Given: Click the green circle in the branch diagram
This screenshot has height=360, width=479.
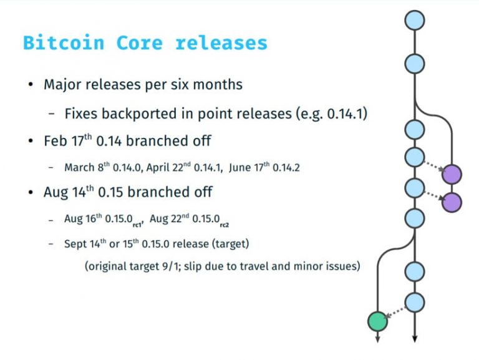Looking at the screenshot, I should click(x=377, y=321).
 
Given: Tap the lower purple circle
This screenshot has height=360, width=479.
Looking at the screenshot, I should click(x=452, y=202).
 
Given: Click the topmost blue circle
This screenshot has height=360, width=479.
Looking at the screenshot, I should click(x=415, y=21).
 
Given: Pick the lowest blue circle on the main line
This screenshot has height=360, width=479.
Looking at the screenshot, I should click(x=415, y=303).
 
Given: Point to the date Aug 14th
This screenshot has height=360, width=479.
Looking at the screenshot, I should click(x=67, y=192).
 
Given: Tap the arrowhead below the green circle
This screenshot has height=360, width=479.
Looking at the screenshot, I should click(x=377, y=339).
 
